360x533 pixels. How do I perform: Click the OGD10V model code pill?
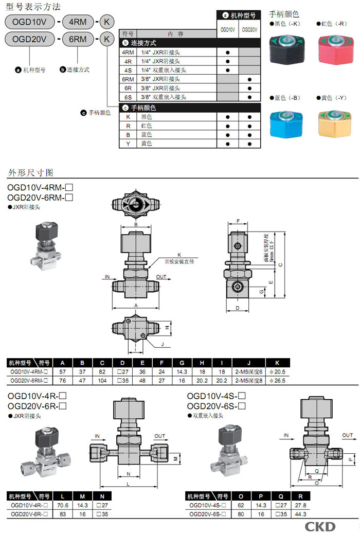click(x=29, y=22)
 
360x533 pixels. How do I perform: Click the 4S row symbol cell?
click(x=128, y=70)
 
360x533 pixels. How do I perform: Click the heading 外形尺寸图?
click(x=30, y=172)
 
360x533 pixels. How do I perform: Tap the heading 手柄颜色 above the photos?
click(x=284, y=14)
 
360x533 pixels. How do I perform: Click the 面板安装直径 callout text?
click(x=179, y=261)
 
